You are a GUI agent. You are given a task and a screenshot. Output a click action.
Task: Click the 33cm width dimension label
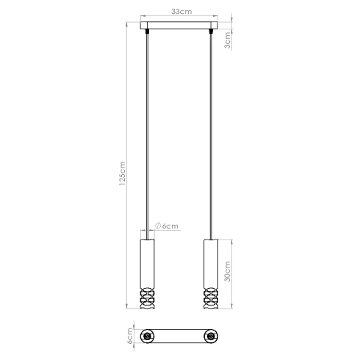click(x=180, y=12)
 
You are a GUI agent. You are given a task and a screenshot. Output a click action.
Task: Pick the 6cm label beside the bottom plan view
click(x=129, y=336)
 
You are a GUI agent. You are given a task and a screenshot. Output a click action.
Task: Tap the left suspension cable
click(x=148, y=132)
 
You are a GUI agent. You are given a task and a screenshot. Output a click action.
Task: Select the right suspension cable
click(x=212, y=132)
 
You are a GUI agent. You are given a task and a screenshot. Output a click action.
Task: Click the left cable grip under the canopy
click(x=148, y=34)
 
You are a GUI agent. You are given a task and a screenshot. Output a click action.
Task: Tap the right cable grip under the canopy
click(x=212, y=34)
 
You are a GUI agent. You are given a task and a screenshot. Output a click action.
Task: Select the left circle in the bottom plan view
click(x=148, y=336)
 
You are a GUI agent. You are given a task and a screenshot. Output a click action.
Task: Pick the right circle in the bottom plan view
click(x=212, y=336)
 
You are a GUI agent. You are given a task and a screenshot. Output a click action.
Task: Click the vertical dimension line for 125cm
click(x=129, y=110)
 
